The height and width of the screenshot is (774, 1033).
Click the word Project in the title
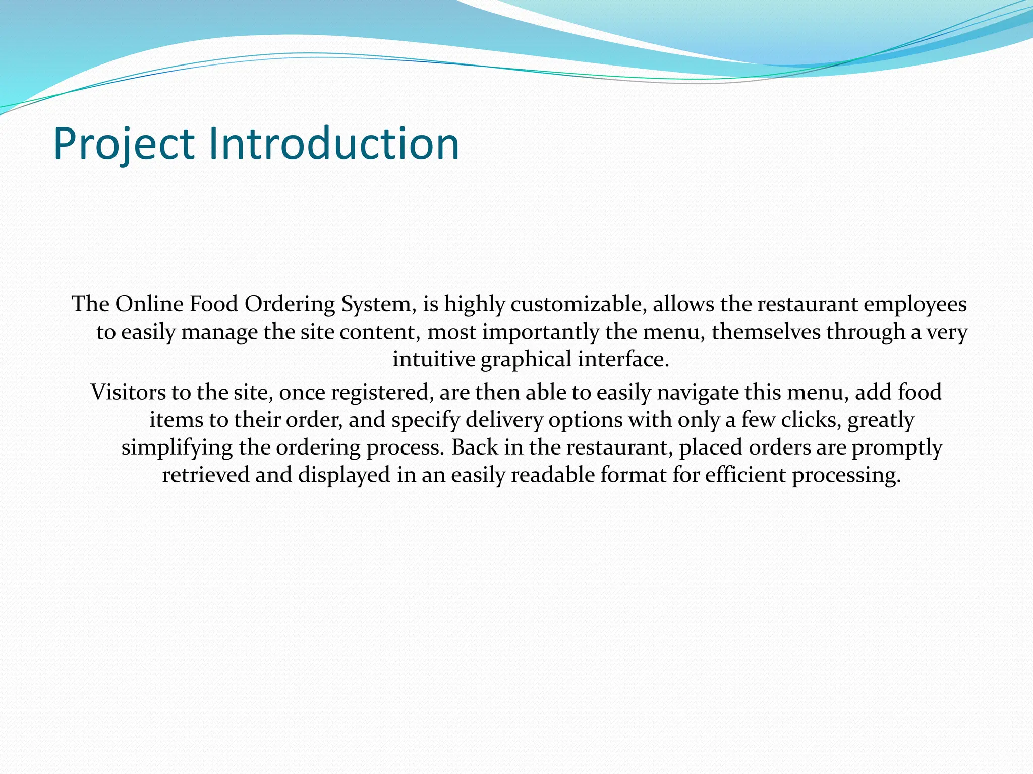pos(124,145)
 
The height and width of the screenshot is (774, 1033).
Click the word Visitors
pos(128,393)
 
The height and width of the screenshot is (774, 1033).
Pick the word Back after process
pos(474,447)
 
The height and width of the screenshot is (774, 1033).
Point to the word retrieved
pos(206,475)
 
